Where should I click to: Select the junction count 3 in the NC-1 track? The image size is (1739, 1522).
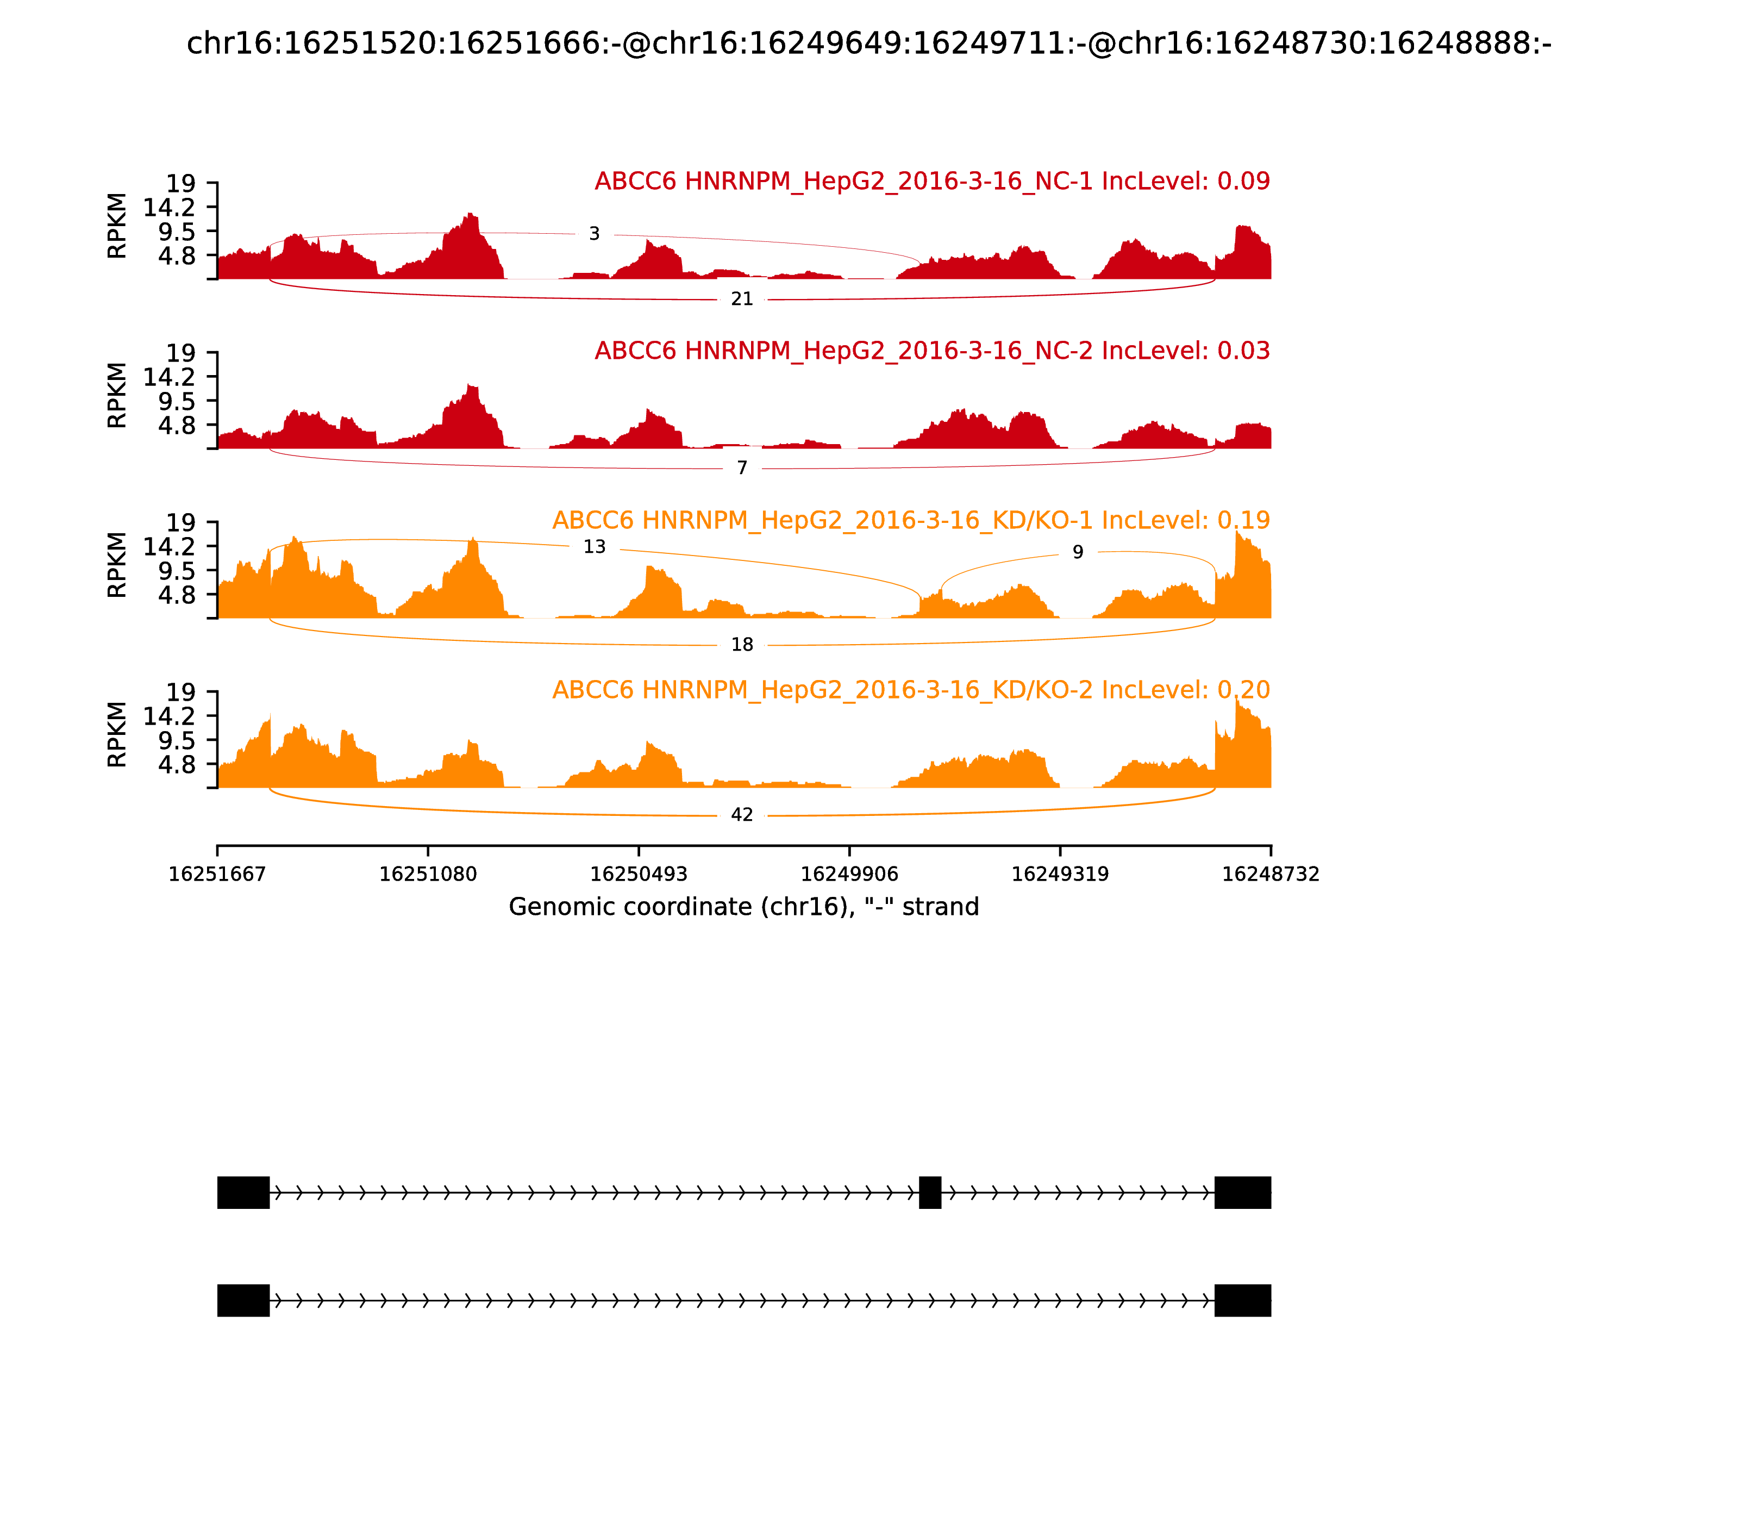click(x=595, y=234)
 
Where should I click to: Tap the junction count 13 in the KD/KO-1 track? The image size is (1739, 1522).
click(x=595, y=547)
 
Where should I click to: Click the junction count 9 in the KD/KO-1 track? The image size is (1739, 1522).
click(x=1078, y=552)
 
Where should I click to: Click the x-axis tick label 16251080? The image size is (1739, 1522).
click(x=428, y=874)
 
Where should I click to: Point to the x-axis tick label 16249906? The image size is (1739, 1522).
click(x=849, y=874)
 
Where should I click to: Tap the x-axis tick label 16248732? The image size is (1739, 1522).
click(x=1271, y=874)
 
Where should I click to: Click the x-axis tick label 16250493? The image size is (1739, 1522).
click(x=639, y=874)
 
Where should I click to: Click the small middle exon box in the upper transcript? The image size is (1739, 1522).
click(x=930, y=1193)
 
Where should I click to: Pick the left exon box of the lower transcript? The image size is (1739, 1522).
click(x=243, y=1300)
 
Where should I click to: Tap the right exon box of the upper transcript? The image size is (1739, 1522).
click(x=1242, y=1193)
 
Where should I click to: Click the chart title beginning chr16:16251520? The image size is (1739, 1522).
click(x=868, y=43)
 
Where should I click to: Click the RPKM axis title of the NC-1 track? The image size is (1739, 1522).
click(x=117, y=226)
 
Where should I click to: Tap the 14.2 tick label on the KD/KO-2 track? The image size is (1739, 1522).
click(x=169, y=716)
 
